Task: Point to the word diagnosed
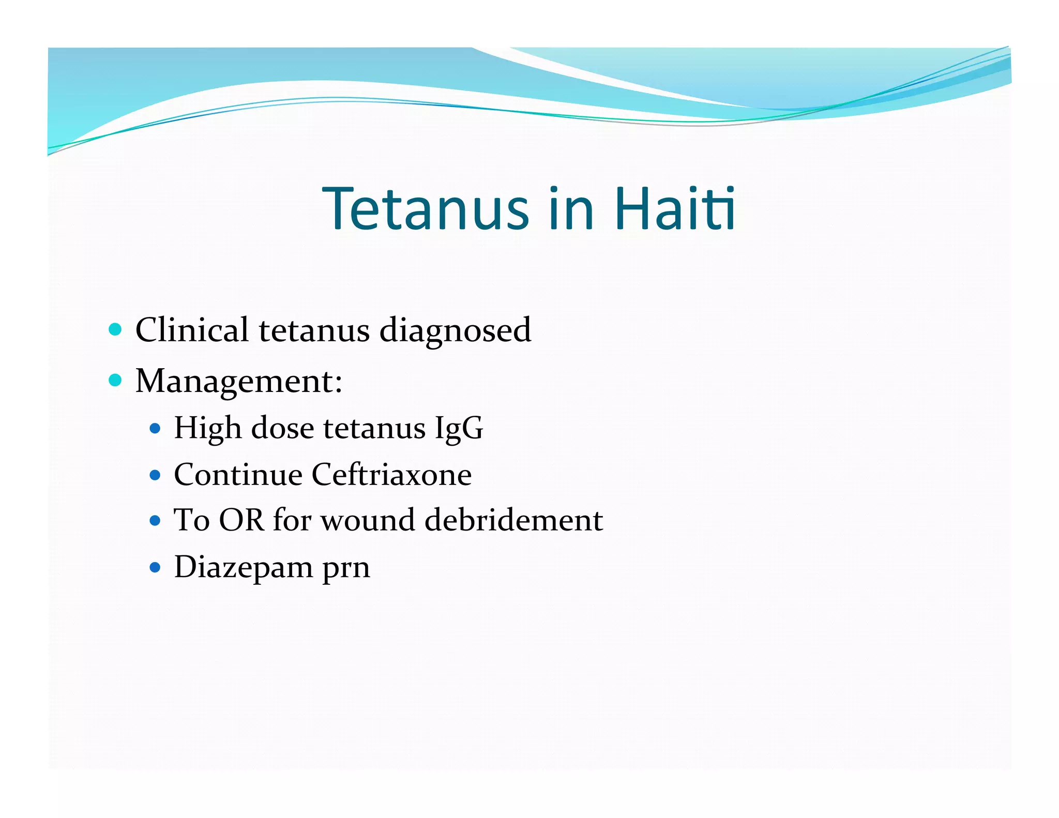455,331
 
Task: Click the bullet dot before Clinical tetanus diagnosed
115,329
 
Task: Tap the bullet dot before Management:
115,381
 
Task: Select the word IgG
459,429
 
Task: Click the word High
208,429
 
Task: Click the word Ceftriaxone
391,475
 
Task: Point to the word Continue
238,475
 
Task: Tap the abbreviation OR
241,520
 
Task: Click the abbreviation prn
346,569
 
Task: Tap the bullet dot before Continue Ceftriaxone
155,475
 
